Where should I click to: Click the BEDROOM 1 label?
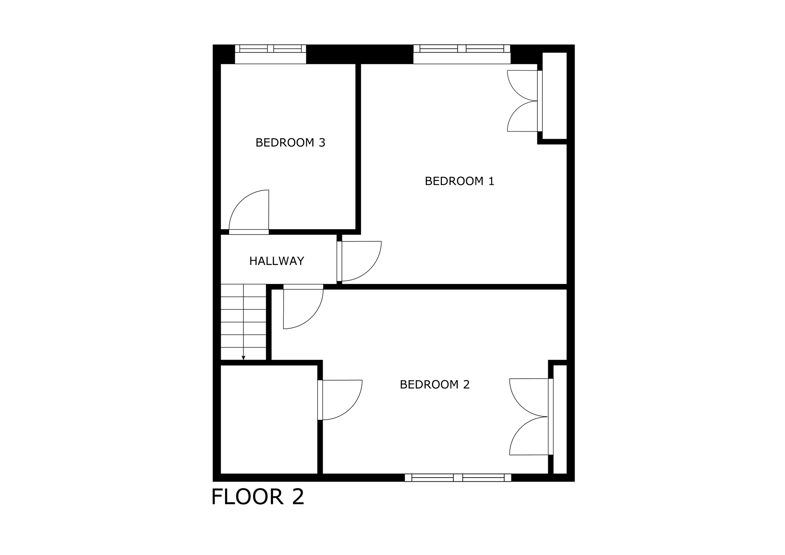pyautogui.click(x=460, y=181)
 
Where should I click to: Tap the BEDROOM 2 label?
pyautogui.click(x=435, y=384)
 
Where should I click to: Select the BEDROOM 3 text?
pyautogui.click(x=290, y=143)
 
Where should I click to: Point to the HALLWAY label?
pyautogui.click(x=277, y=261)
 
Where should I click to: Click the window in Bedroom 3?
pyautogui.click(x=271, y=54)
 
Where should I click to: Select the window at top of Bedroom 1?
pyautogui.click(x=462, y=54)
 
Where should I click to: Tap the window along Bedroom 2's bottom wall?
pyautogui.click(x=458, y=478)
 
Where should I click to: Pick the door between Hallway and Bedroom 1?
pyautogui.click(x=359, y=261)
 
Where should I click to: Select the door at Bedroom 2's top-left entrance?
pyautogui.click(x=303, y=307)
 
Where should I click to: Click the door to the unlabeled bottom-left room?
pyautogui.click(x=340, y=400)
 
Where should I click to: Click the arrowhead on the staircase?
pyautogui.click(x=243, y=358)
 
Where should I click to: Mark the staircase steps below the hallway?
pyautogui.click(x=243, y=322)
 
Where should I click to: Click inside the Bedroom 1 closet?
pyautogui.click(x=555, y=96)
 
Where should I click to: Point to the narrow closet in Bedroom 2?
pyautogui.click(x=560, y=420)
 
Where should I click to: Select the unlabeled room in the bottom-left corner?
pyautogui.click(x=269, y=420)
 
